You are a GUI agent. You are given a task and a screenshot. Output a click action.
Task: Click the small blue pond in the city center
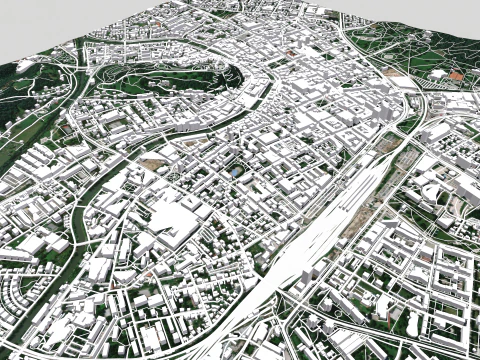coord(235,172)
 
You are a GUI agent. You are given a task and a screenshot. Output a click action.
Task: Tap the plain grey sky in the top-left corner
coord(40,20)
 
